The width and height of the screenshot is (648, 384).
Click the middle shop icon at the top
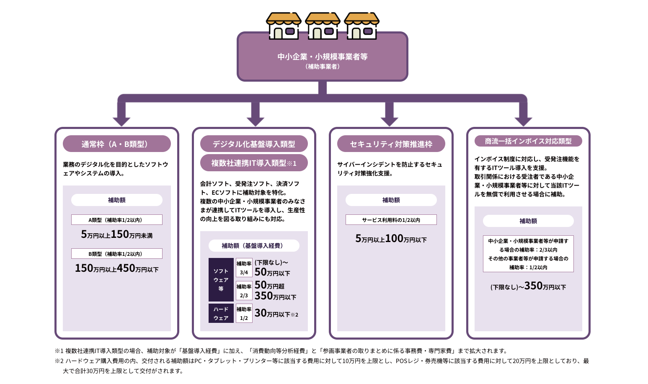coord(323,26)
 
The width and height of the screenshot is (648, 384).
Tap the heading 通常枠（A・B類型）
coord(116,144)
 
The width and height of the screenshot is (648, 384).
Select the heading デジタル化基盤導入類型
coord(254,144)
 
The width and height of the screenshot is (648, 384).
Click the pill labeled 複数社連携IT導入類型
coord(254,163)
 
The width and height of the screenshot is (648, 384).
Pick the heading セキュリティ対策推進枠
coord(391,144)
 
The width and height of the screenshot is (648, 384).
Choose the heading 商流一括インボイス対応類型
coord(528,141)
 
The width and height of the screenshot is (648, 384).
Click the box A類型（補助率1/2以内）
coord(116,220)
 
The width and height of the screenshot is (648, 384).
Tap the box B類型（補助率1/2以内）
coord(116,254)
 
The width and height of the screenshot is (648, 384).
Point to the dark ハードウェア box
coord(221,313)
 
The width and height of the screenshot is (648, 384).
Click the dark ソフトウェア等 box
coord(221,280)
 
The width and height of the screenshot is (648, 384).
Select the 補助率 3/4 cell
coord(244,268)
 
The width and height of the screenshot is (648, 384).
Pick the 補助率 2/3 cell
coord(244,291)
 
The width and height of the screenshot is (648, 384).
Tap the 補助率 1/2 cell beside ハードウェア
coord(244,313)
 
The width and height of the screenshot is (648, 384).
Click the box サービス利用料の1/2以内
coord(391,220)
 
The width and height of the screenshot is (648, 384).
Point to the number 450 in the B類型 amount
coord(126,268)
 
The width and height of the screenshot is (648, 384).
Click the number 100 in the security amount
coord(394,238)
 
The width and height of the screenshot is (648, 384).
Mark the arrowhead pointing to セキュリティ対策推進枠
coord(390,122)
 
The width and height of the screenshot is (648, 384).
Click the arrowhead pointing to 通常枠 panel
coord(121,122)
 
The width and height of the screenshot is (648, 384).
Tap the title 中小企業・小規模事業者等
coord(323,57)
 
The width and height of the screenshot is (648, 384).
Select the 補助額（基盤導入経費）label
coord(254,245)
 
